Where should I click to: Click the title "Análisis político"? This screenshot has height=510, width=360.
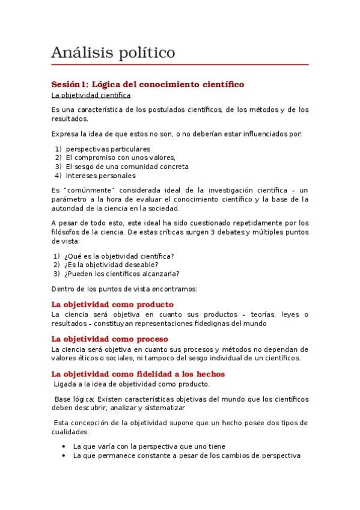coord(114,53)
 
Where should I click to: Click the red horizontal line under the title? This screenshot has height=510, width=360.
coord(180,64)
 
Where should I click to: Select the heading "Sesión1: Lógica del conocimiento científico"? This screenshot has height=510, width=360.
coord(147,85)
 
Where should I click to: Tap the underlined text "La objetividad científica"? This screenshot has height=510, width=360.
coord(91,95)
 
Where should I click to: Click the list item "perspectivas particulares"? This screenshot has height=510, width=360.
coord(108,149)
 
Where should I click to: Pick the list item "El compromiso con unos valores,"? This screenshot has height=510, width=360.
coord(117,158)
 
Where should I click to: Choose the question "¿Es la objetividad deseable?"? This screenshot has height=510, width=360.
coord(111,265)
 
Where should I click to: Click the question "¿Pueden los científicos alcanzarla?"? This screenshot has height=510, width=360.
coord(117,274)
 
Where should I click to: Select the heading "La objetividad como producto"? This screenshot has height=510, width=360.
coord(112,304)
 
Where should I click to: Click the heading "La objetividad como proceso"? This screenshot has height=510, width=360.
coord(110,339)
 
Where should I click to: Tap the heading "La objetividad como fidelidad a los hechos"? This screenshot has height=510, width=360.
coord(138,373)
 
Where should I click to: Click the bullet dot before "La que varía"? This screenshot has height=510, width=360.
coord(64,446)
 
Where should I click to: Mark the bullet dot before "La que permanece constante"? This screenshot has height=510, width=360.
coord(64,455)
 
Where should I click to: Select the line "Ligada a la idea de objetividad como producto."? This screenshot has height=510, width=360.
coord(131,384)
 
